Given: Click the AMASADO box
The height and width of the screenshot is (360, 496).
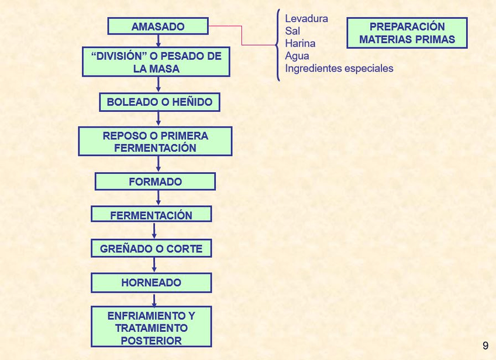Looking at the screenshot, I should pos(158,26).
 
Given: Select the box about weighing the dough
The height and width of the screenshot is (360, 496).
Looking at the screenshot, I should pos(156,62).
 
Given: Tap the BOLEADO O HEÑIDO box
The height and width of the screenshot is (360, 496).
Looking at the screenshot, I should pos(159,102).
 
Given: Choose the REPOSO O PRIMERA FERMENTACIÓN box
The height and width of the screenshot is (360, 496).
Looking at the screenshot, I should pos(155,142).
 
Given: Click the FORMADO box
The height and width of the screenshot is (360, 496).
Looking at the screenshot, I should pos(155,181).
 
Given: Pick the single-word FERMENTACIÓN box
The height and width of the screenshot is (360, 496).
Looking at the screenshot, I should pos(151,215).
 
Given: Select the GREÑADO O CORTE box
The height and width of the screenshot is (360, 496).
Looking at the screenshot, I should pos(151,249).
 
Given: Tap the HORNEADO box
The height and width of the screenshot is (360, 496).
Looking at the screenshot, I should pos(151,283).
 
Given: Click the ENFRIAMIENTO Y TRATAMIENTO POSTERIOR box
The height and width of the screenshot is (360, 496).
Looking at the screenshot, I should pos(151,328).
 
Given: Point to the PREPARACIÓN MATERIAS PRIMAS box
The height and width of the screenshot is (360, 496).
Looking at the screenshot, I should pos(407,33).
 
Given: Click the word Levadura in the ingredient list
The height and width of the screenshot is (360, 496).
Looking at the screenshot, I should pos(306,19).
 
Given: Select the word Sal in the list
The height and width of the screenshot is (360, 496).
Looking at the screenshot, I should pos(292,31).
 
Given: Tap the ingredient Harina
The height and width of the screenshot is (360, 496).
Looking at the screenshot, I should pos(300,43).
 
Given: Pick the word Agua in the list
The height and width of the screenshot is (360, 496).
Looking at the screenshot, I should pos(297,56).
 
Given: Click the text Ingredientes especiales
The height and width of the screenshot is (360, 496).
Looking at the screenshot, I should pos(339,68).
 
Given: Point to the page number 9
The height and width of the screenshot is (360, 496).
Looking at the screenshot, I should pos(485,346).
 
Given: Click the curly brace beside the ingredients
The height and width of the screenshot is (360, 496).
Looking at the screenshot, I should pos(278,44).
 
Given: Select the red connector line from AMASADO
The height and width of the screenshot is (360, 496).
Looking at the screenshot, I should pos(242,35).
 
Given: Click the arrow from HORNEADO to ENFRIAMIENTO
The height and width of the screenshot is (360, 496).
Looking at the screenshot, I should pos(154,299).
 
